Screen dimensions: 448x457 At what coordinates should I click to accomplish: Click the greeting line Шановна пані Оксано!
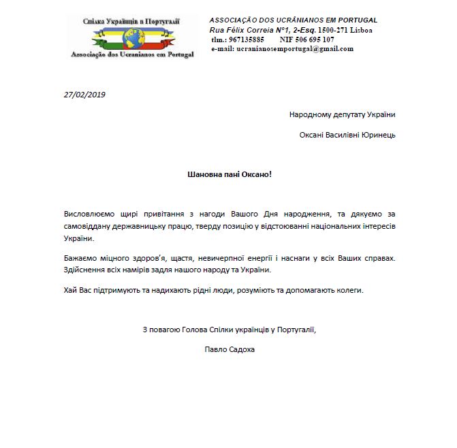(x=229, y=174)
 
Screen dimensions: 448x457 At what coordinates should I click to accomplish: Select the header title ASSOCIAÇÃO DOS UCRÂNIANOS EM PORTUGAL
(x=293, y=20)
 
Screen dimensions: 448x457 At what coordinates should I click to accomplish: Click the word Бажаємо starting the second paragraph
(x=80, y=258)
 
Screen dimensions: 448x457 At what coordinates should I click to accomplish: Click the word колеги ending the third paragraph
(x=348, y=291)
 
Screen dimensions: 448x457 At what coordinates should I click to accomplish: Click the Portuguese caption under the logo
(x=132, y=54)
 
